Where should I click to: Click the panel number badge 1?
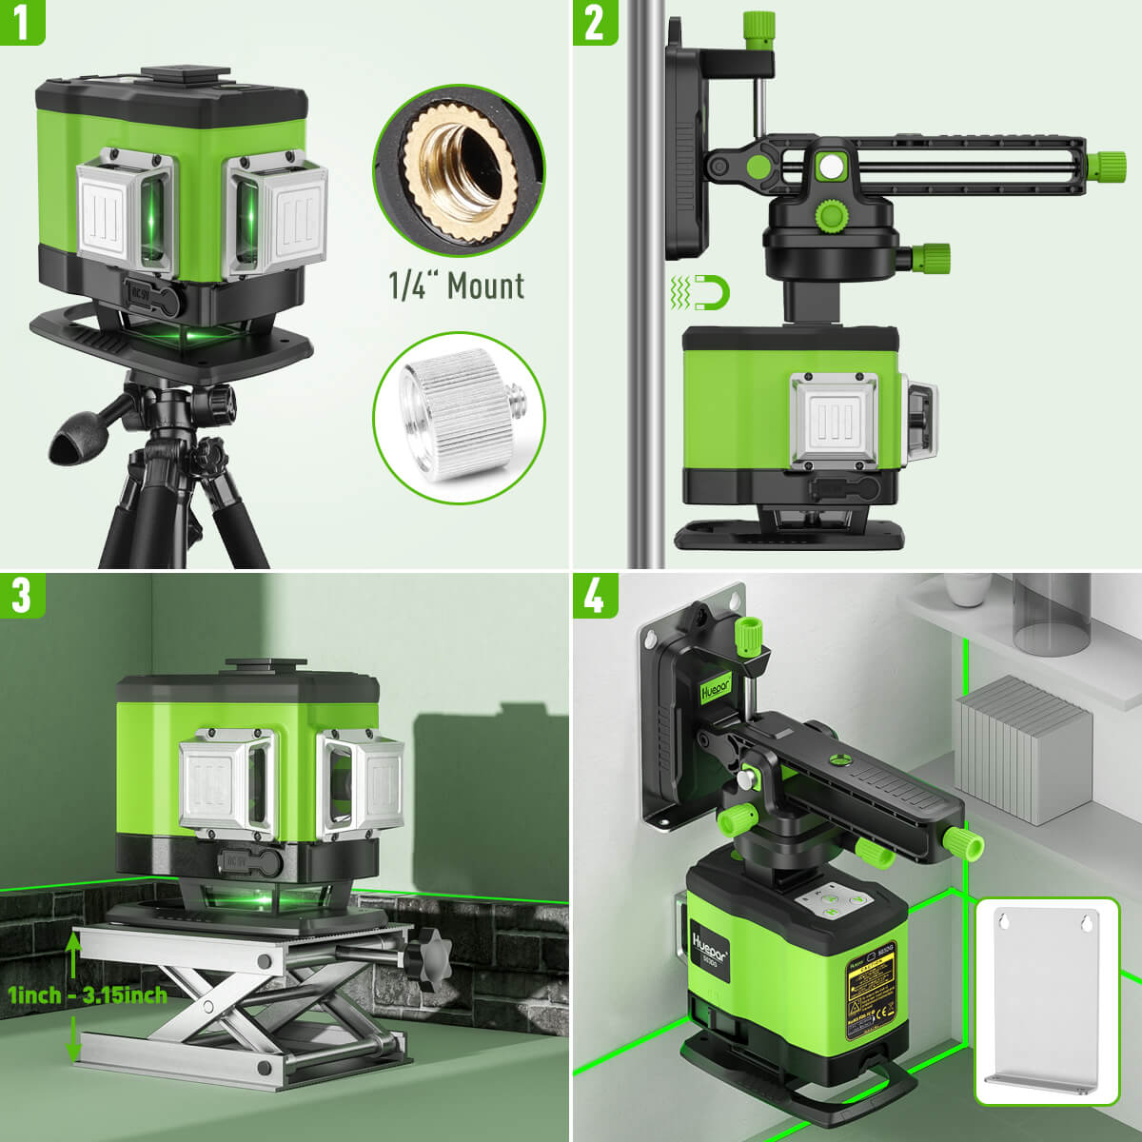pyautogui.click(x=22, y=22)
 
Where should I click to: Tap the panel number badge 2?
pyautogui.click(x=594, y=22)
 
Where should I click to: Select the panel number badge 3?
pyautogui.click(x=22, y=595)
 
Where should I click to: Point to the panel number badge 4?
pyautogui.click(x=594, y=595)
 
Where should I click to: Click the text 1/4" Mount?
pyautogui.click(x=457, y=285)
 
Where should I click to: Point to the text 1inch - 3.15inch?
pyautogui.click(x=88, y=995)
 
